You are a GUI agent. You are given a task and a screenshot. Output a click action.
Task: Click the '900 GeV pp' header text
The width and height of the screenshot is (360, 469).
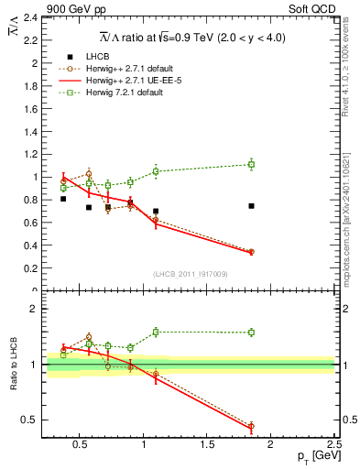pos(39,7)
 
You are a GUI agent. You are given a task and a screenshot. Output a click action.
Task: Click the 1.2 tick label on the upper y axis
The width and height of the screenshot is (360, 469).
pos(31,154)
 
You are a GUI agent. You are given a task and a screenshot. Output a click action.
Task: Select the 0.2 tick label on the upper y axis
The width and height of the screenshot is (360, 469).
pos(31,268)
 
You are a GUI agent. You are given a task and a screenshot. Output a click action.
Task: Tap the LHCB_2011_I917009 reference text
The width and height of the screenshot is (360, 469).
pos(190,274)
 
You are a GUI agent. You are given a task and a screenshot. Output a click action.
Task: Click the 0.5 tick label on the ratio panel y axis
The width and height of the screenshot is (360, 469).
pos(31,420)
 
